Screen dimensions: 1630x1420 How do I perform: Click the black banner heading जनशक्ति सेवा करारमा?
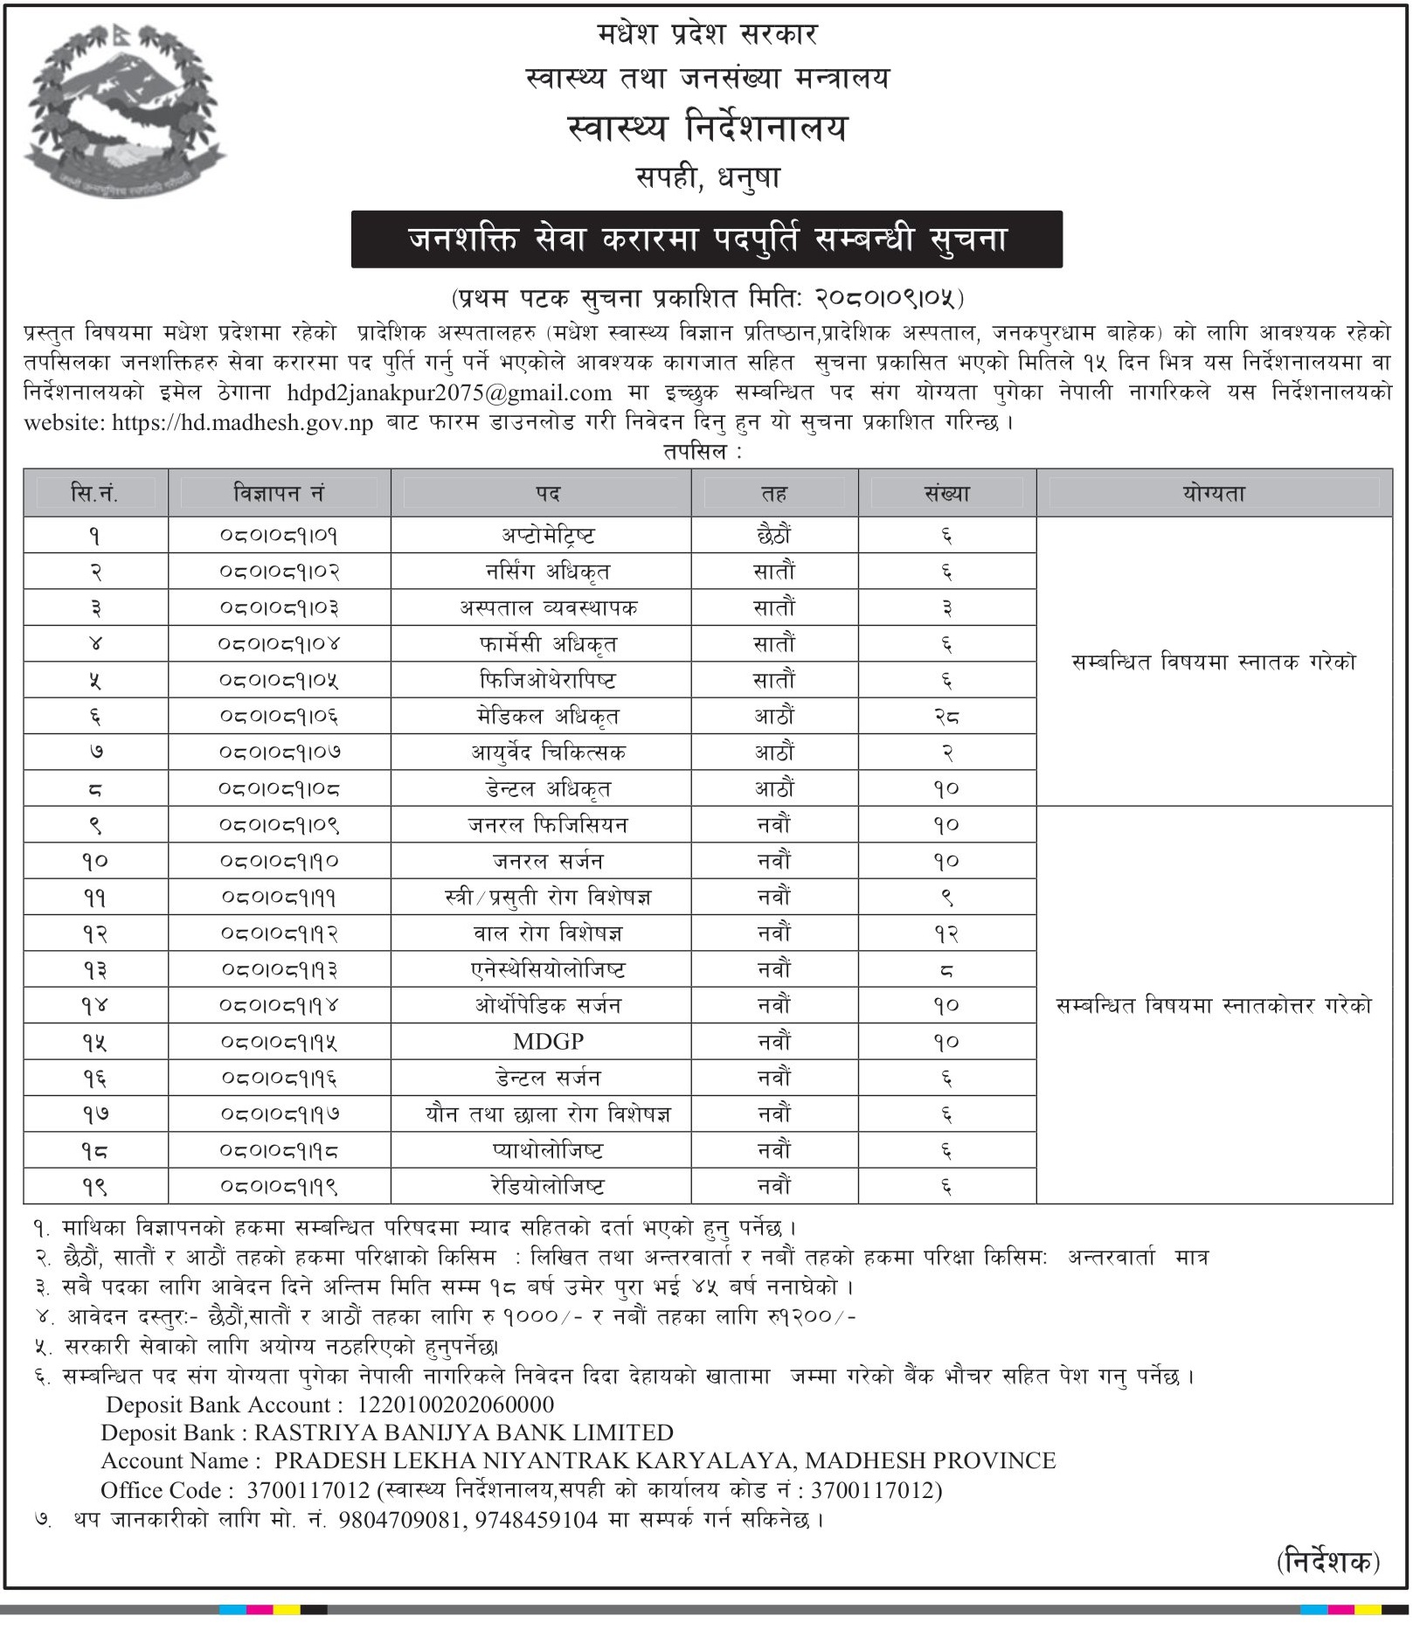tap(706, 239)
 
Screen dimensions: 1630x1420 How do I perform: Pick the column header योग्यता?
tap(1213, 494)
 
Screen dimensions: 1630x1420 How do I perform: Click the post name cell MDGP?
tap(548, 1042)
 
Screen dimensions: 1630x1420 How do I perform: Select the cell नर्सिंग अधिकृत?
tap(548, 572)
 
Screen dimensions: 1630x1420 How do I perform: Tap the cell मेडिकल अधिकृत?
tap(548, 717)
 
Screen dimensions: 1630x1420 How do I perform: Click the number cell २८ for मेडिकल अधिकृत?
tap(946, 717)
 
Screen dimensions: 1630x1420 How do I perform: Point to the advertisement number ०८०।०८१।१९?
tap(279, 1187)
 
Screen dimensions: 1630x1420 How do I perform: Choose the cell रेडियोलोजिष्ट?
tap(548, 1187)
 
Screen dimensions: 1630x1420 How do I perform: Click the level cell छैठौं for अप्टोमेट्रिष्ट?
tap(774, 536)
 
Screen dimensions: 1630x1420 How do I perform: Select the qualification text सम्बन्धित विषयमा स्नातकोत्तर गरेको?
tap(1213, 1006)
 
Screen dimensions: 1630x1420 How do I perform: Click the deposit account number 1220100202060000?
tap(455, 1405)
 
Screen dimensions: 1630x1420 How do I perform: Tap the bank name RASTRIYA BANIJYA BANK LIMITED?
tap(464, 1432)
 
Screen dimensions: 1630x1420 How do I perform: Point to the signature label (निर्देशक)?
tap(1327, 1561)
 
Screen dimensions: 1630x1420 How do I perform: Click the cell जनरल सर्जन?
tap(548, 862)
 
